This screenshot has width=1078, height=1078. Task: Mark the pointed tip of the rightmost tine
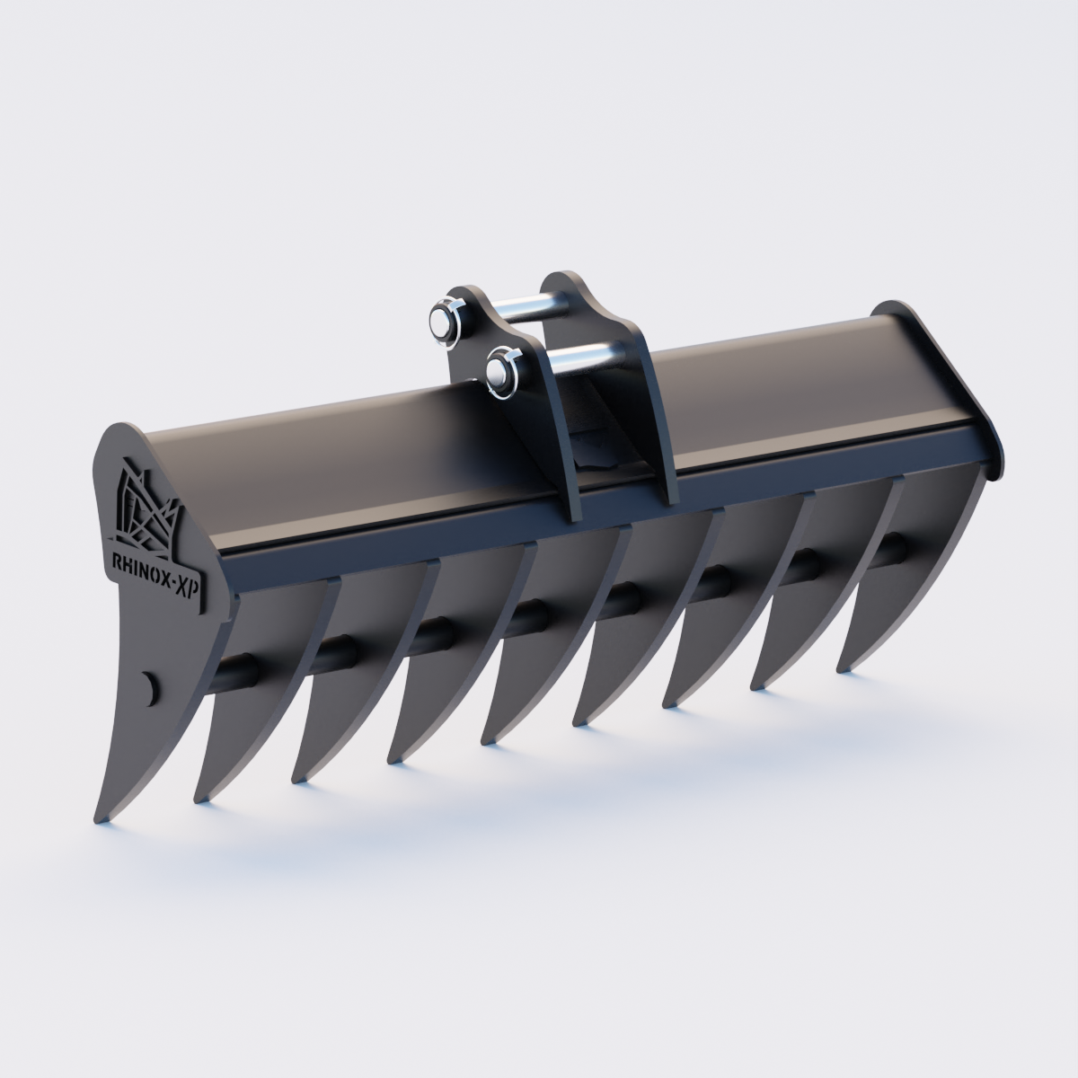point(842,668)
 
